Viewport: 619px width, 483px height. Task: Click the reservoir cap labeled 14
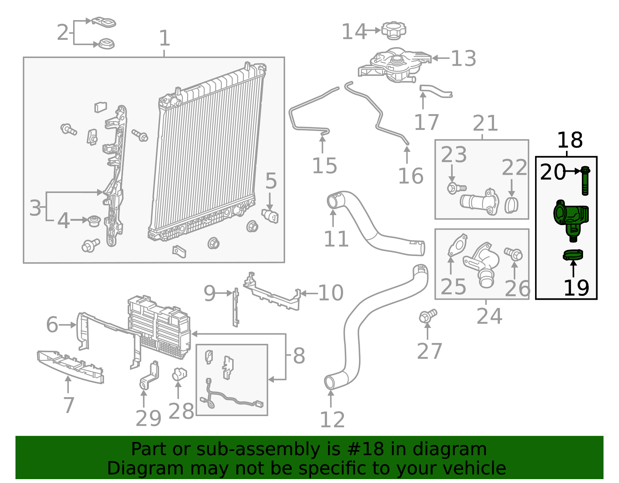[394, 30]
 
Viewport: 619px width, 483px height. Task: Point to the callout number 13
[463, 58]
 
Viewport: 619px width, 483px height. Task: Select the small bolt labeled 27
[427, 316]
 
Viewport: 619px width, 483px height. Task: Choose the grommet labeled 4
[94, 221]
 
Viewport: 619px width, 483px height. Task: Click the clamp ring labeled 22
[511, 205]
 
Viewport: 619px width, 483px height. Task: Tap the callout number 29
[148, 418]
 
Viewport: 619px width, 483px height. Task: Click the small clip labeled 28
[179, 374]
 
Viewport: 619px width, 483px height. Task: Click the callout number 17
[426, 122]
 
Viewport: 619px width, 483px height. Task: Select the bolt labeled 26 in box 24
[514, 254]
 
